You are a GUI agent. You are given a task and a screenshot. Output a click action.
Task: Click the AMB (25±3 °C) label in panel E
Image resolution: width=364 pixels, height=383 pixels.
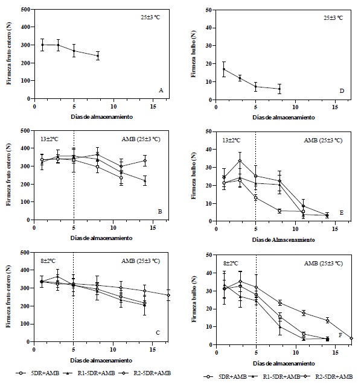coord(322,140)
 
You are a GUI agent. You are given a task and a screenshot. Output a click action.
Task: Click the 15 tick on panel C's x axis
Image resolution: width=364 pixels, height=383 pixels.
coord(153,352)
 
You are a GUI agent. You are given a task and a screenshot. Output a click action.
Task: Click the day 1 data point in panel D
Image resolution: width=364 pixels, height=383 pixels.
coord(224,69)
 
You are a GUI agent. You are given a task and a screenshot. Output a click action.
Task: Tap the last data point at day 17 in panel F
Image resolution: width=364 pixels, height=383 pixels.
coord(351,338)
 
